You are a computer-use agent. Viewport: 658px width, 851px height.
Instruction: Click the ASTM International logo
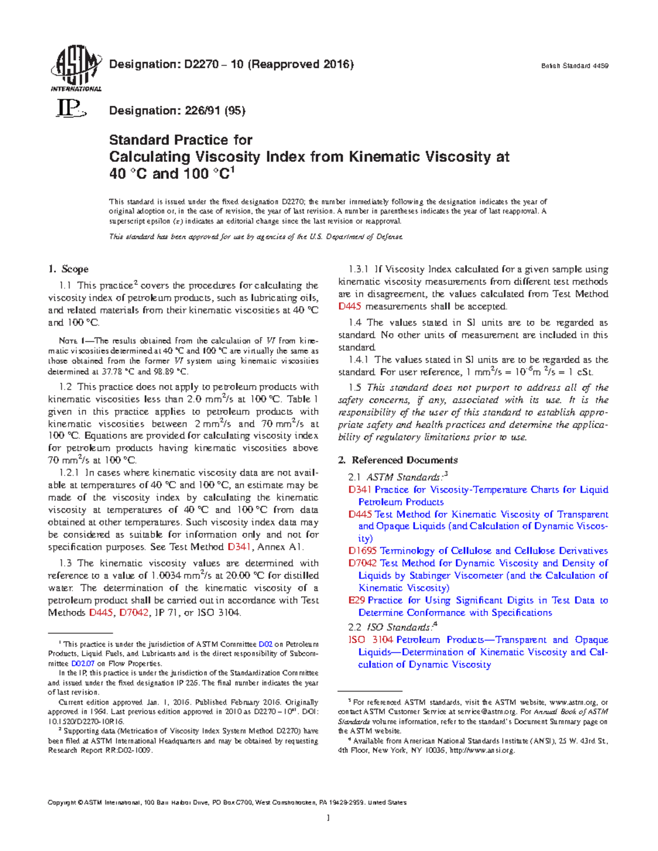[76, 68]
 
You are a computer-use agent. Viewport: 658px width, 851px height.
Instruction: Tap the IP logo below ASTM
[71, 110]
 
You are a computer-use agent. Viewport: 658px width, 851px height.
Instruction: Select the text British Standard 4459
[575, 66]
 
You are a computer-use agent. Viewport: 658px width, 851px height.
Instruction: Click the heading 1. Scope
[68, 269]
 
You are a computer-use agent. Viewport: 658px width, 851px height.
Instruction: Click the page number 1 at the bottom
[328, 818]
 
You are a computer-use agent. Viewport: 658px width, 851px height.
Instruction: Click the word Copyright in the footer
[62, 802]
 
